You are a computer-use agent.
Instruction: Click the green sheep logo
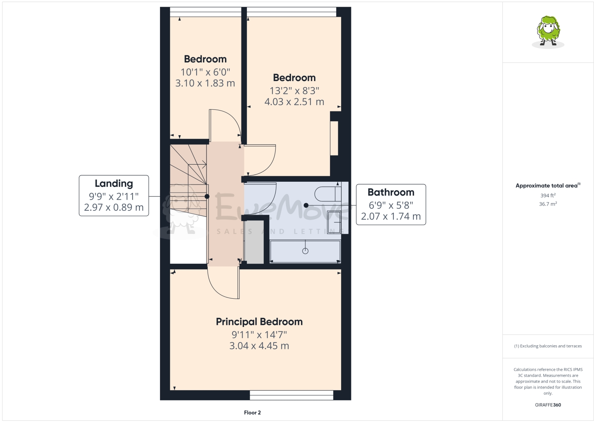[548, 31]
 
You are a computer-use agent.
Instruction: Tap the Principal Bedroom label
[259, 322]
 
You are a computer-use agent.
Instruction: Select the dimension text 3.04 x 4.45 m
[259, 346]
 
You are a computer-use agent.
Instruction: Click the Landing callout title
[114, 183]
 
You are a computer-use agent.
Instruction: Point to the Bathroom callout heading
[391, 192]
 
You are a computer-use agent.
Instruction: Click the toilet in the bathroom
[326, 194]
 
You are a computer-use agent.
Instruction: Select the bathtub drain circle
[305, 251]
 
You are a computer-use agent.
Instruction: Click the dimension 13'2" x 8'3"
[294, 91]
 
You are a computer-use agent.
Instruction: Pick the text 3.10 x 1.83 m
[205, 83]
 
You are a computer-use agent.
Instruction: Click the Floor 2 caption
[252, 412]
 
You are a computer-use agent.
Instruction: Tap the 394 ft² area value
[548, 195]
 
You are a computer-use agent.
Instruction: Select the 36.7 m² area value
[548, 204]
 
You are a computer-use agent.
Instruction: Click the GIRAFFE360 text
[548, 405]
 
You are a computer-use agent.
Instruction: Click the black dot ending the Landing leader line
[207, 196]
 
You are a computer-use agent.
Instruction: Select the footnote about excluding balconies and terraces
[548, 346]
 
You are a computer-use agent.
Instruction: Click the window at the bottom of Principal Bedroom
[291, 395]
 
